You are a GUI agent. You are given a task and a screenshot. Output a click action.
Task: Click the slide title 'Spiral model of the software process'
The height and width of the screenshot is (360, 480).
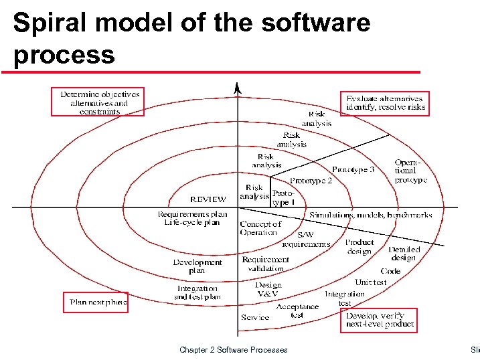coord(191,38)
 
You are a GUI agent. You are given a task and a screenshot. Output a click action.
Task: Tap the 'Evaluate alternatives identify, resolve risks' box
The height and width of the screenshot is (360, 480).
coord(384,102)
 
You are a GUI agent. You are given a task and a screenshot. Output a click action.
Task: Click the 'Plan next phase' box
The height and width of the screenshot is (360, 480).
coord(97,302)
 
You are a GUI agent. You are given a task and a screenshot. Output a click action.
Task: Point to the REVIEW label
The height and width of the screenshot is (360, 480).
coord(208,199)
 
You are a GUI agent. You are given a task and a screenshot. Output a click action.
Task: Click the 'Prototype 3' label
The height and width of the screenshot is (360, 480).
coord(353,170)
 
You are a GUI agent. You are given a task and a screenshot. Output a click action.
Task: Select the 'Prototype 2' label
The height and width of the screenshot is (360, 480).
coord(311,181)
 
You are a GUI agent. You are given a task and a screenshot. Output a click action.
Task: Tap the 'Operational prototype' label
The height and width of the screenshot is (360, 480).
coord(410,171)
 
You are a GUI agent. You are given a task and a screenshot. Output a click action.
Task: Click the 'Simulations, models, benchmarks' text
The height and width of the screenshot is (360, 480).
coord(370,215)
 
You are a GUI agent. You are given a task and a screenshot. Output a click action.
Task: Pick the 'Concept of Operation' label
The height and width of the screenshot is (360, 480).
coord(260,228)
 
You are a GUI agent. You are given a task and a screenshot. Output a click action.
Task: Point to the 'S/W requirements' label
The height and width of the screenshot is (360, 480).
coord(305,240)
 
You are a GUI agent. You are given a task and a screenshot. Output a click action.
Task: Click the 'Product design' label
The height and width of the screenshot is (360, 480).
coord(359,246)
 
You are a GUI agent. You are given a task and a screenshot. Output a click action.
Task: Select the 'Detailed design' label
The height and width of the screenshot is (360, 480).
coord(404,254)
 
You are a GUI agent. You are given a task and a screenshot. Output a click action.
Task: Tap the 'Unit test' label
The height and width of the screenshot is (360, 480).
coord(370,282)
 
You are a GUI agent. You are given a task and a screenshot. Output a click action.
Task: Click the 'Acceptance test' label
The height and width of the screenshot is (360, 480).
coord(297,310)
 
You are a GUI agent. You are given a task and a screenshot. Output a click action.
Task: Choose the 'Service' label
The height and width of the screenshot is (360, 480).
coord(254,317)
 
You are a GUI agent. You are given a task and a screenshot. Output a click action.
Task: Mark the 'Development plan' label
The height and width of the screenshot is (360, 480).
coord(197,266)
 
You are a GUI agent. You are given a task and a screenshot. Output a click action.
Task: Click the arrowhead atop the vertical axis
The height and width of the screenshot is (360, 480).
coord(236,87)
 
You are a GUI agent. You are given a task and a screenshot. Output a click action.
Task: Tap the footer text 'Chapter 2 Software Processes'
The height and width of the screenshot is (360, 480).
coord(234,349)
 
